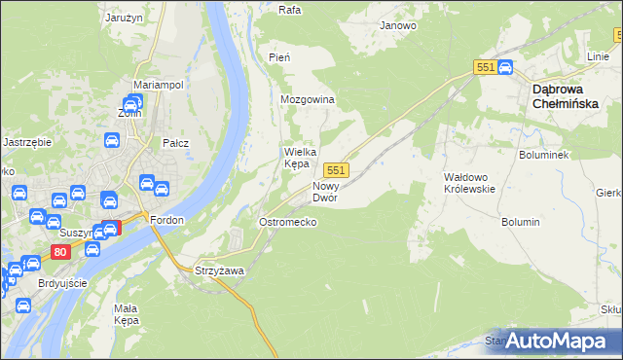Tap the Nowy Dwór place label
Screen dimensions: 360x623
324,191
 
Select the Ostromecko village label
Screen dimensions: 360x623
286,223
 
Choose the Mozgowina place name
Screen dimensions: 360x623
308,100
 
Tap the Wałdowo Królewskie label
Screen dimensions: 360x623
469,183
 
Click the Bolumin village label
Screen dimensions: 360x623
521,223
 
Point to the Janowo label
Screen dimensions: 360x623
398,26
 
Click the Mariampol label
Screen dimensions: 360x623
159,85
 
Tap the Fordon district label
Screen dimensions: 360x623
167,220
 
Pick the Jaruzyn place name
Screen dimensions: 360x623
125,17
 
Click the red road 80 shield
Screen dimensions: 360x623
60,252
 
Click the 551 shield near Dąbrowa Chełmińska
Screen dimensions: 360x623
487,66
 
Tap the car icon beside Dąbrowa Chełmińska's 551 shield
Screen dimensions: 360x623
505,67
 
